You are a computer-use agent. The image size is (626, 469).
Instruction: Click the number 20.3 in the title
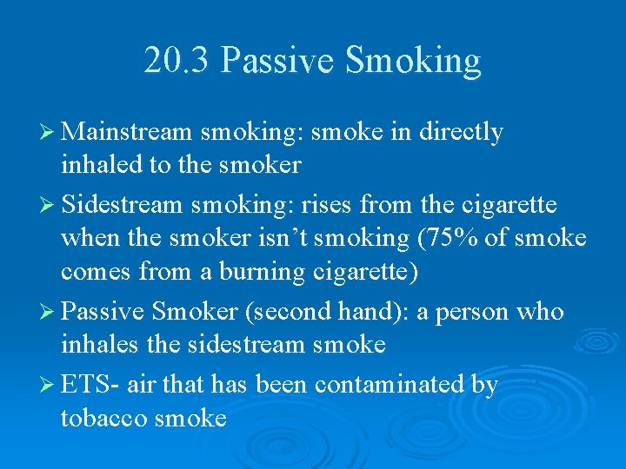pyautogui.click(x=177, y=61)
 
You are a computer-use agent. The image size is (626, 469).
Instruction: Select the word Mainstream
pyautogui.click(x=127, y=132)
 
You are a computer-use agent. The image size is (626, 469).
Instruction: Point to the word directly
pyautogui.click(x=461, y=132)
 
